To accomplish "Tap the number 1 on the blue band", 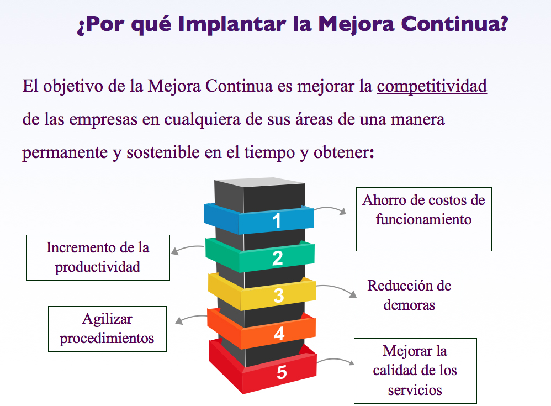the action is pyautogui.click(x=277, y=221).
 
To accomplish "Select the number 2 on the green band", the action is pyautogui.click(x=278, y=259).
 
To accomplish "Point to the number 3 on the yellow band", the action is pyautogui.click(x=279, y=296).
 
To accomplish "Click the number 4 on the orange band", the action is pyautogui.click(x=279, y=333).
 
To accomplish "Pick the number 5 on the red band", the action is pyautogui.click(x=282, y=372).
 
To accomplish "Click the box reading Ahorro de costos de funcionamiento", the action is pyautogui.click(x=424, y=219).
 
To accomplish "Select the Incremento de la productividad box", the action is pyautogui.click(x=98, y=257).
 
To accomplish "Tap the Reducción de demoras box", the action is pyautogui.click(x=410, y=295).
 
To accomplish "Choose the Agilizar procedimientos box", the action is pyautogui.click(x=107, y=329).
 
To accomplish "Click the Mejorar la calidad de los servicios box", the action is pyautogui.click(x=415, y=371).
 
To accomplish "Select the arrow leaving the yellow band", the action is pyautogui.click(x=337, y=288).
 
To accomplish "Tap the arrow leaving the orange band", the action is pyautogui.click(x=191, y=318).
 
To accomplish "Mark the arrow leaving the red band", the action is pyautogui.click(x=336, y=360).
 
